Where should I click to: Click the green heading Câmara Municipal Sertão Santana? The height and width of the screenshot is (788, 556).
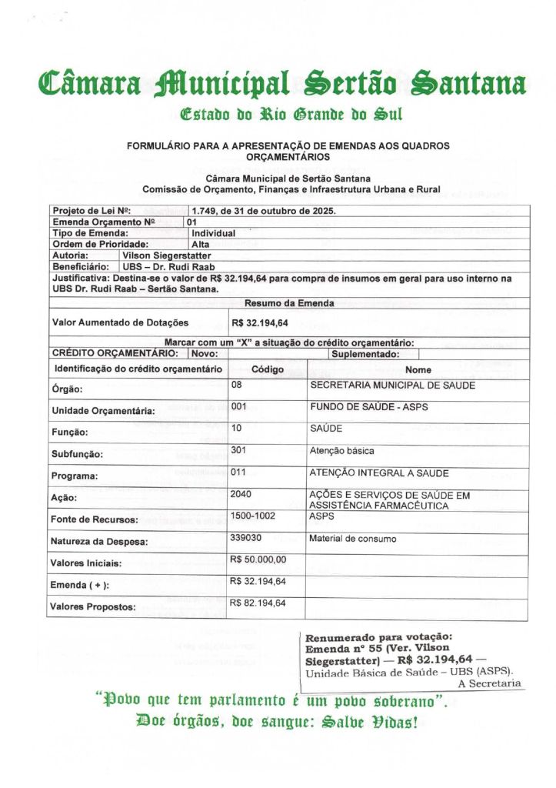[x=282, y=82]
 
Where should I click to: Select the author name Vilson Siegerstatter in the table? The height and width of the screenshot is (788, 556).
[x=166, y=255]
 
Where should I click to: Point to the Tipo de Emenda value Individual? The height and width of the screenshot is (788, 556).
[x=213, y=232]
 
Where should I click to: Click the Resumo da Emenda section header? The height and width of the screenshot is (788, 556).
[x=288, y=303]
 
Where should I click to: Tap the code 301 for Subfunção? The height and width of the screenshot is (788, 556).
[x=238, y=450]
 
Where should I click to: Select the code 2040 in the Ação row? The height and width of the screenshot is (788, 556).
[x=241, y=495]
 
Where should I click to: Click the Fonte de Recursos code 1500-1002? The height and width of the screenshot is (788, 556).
[x=252, y=516]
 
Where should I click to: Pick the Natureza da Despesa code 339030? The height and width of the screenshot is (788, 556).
[x=245, y=539]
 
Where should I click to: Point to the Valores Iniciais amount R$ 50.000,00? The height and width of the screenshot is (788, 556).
[x=258, y=559]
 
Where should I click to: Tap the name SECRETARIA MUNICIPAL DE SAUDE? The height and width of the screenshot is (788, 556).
[x=391, y=385]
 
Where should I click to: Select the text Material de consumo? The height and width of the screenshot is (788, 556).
[x=353, y=539]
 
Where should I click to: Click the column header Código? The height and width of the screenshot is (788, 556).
[x=268, y=369]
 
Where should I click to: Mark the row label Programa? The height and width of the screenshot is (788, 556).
[x=75, y=476]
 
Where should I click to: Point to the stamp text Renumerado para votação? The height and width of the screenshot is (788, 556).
[x=378, y=637]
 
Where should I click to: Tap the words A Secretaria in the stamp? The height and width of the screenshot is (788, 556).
[x=489, y=683]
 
